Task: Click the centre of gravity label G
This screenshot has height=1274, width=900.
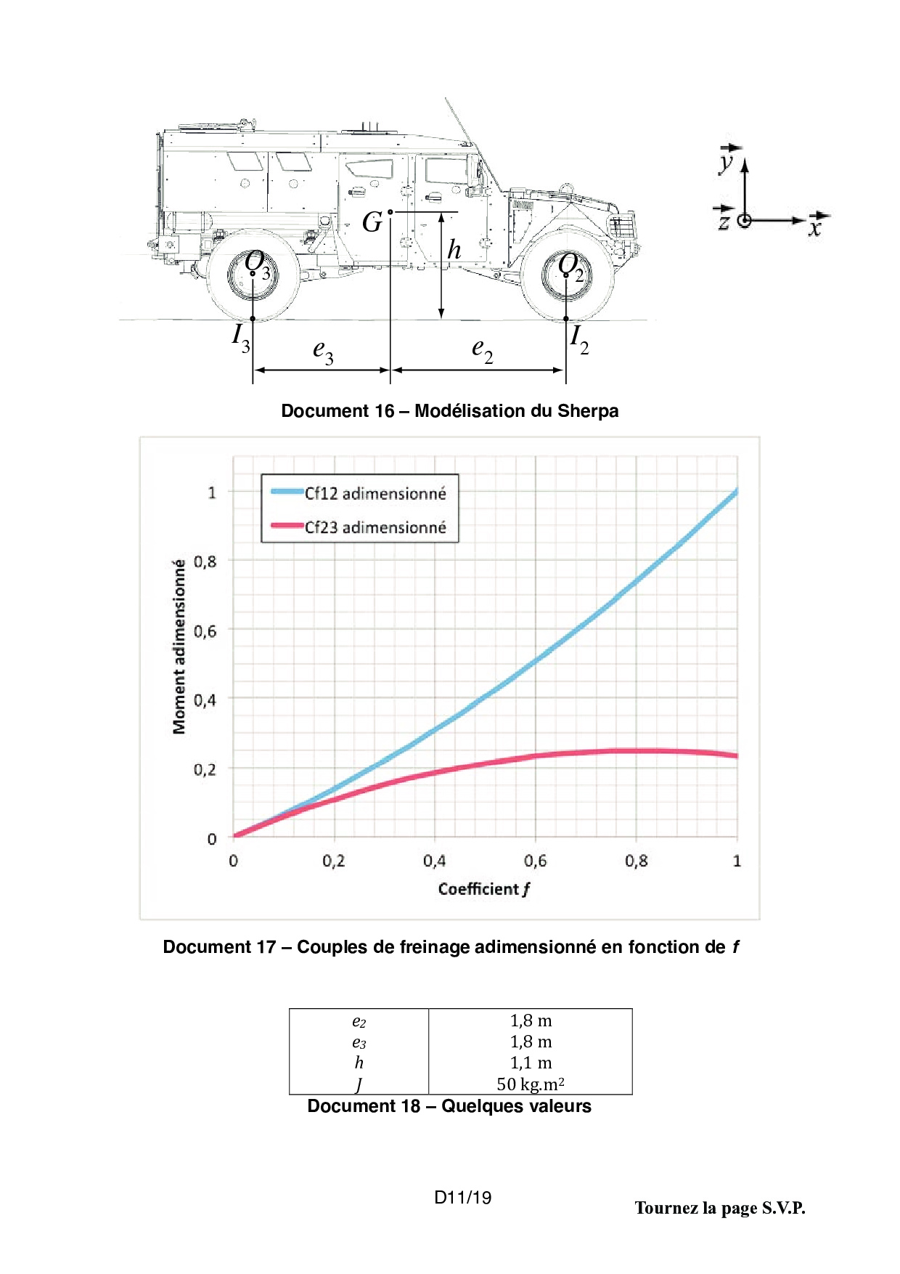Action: click(372, 222)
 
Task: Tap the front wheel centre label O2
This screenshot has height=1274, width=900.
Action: click(571, 267)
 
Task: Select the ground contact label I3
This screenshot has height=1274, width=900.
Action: click(241, 338)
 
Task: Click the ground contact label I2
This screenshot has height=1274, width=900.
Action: click(579, 339)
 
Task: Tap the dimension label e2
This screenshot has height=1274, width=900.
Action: click(483, 351)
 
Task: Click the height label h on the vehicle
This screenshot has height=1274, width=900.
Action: click(454, 249)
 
